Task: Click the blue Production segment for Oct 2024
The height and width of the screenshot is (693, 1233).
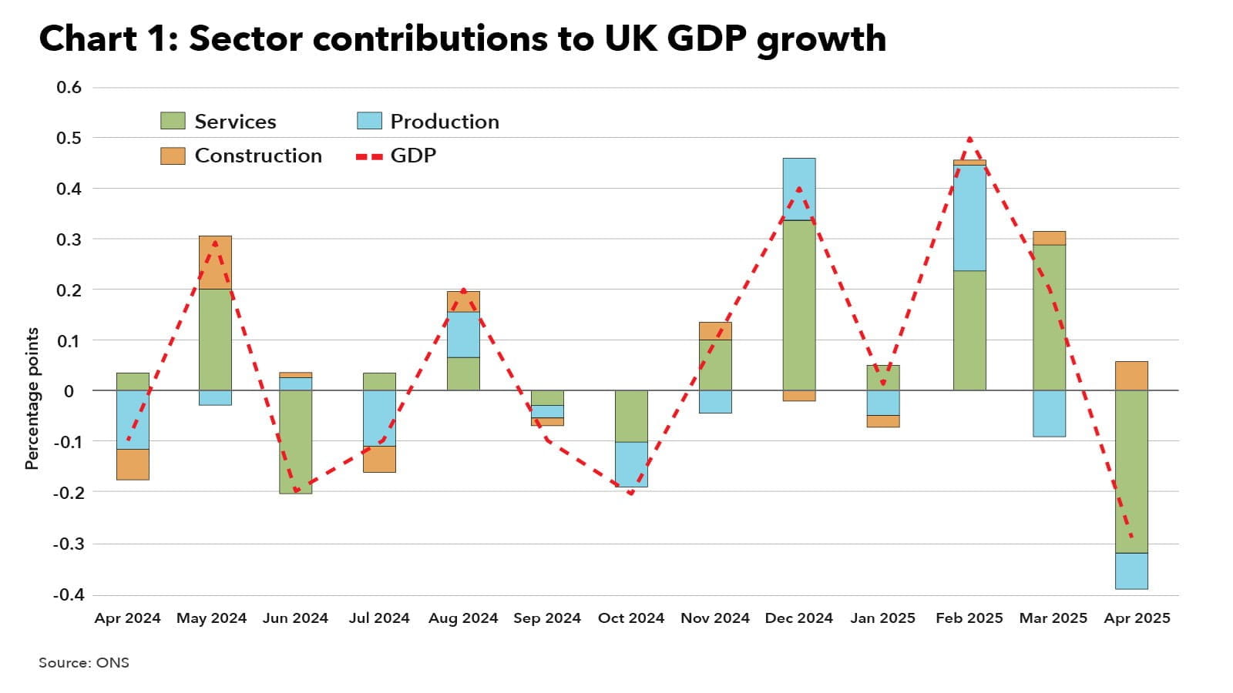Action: tap(631, 464)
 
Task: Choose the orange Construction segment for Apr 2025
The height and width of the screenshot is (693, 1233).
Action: tap(1131, 376)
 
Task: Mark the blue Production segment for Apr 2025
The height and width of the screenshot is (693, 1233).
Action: tap(1131, 571)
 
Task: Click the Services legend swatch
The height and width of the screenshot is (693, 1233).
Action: tap(173, 121)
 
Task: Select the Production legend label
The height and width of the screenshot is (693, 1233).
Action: tap(445, 122)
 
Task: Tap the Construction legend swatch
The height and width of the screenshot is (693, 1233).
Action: tap(173, 156)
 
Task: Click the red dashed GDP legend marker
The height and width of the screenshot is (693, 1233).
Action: tap(369, 156)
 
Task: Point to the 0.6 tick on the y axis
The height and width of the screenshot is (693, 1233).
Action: tap(69, 87)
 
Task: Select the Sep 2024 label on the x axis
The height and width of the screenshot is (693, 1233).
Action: tap(547, 618)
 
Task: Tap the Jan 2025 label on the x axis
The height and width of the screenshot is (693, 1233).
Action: tap(883, 618)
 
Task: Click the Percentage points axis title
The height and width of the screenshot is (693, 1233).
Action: tap(32, 398)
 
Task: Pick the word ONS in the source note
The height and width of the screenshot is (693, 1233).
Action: tap(113, 663)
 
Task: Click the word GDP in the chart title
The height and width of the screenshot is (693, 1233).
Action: tap(707, 38)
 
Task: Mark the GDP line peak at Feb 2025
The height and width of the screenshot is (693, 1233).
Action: tap(969, 139)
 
